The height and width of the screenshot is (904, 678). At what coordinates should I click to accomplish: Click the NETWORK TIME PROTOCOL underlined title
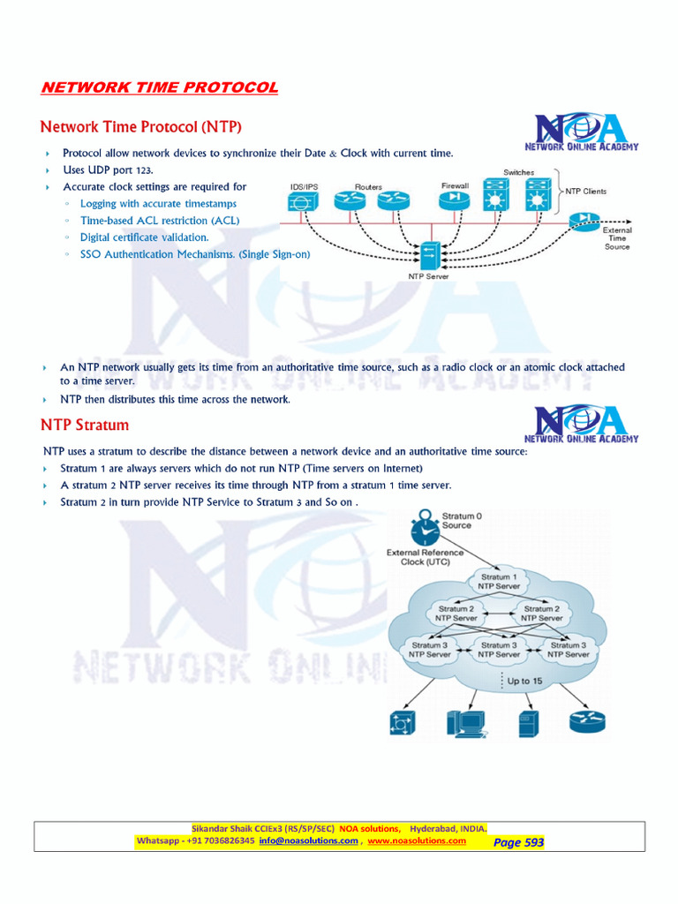160,87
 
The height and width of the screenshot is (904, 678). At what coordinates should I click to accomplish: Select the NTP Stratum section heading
85,425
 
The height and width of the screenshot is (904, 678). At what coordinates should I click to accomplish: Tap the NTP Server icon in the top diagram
429,257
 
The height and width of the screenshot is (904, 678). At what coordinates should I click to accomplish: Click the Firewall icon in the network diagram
456,200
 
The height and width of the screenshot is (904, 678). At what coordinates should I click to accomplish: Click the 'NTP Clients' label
586,191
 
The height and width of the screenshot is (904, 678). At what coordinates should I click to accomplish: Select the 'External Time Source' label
616,238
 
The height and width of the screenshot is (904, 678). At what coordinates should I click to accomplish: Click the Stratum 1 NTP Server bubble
499,581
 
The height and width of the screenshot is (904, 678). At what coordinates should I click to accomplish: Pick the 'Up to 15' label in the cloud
524,681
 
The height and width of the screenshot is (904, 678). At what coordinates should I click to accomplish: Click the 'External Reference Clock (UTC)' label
425,557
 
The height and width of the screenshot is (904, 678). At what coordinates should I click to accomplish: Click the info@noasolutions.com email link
308,841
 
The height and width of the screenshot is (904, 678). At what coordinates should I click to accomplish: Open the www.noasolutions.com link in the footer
417,841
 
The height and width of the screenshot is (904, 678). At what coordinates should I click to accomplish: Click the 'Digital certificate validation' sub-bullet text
145,237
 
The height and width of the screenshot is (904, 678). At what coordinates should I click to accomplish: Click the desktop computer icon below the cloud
464,723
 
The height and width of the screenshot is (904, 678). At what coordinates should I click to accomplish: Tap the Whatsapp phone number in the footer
220,841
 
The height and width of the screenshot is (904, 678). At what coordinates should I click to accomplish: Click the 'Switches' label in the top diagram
518,172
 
